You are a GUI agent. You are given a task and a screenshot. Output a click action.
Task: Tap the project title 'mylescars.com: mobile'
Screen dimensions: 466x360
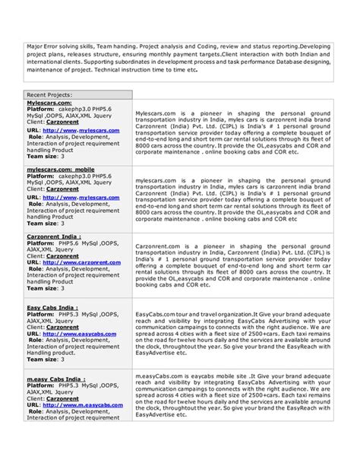click(x=61, y=170)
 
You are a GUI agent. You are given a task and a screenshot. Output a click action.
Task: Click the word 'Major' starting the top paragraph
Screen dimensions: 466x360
click(x=35, y=47)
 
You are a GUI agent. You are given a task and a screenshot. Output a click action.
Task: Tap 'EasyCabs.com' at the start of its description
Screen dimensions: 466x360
click(x=155, y=312)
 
